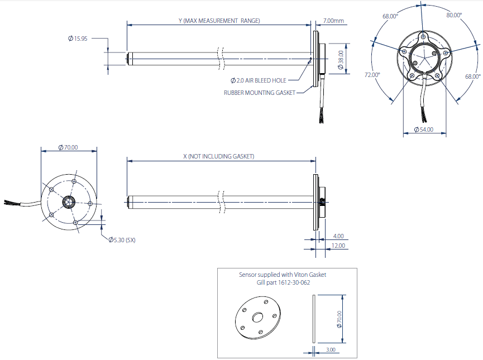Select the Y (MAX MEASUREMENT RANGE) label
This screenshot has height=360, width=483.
point(219,21)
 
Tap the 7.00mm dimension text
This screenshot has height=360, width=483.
point(333,21)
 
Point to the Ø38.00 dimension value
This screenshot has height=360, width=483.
point(341,58)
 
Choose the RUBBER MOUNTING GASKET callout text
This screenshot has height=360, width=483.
point(259,93)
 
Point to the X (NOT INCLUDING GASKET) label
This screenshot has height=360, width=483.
point(218,156)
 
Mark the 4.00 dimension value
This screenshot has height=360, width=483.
point(338,236)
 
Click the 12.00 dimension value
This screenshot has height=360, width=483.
point(338,246)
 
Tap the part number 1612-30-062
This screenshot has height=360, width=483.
point(296,283)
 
